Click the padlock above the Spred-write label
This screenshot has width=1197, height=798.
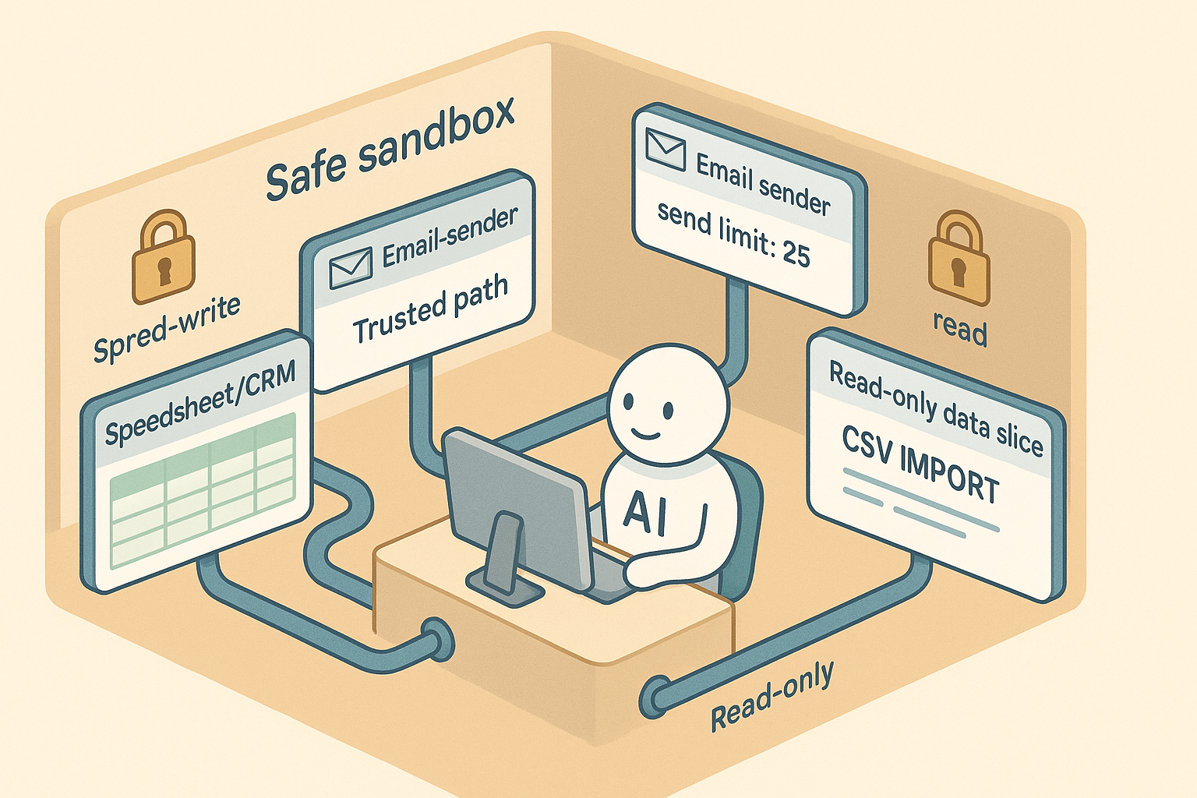(164, 256)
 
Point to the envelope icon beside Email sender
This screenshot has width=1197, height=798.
(666, 150)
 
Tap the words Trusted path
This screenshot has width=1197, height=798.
(430, 309)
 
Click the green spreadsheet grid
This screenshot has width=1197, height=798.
(203, 491)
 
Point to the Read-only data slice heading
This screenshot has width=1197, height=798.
(935, 408)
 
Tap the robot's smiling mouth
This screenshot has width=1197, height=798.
(646, 431)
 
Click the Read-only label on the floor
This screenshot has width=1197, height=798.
(772, 695)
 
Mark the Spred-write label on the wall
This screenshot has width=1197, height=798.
(167, 328)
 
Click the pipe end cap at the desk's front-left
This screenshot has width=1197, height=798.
(438, 639)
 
